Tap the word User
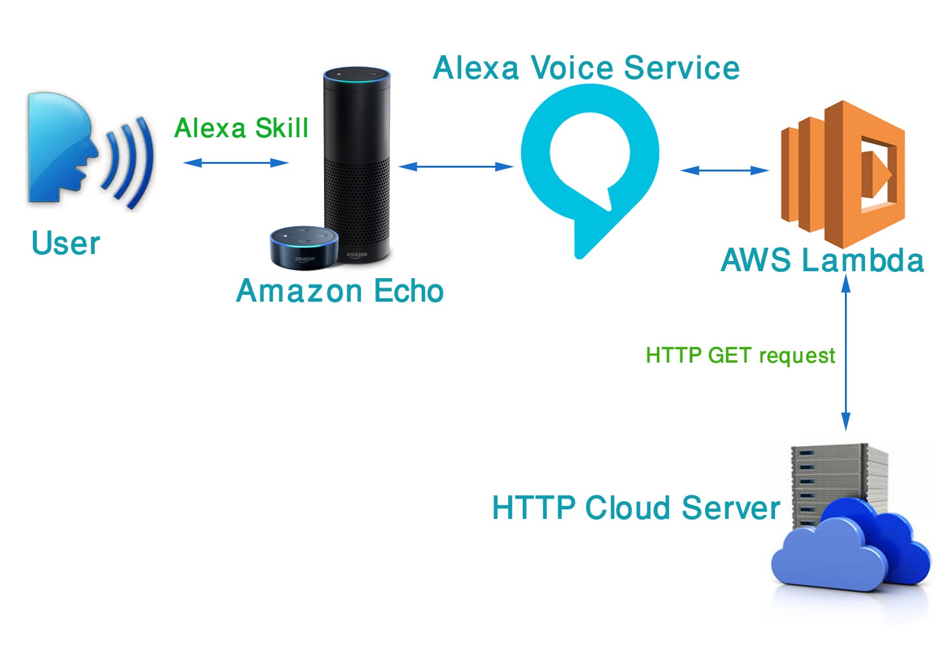(65, 243)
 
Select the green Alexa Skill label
(241, 128)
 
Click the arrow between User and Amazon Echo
(236, 163)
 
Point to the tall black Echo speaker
(357, 159)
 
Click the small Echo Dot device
(304, 246)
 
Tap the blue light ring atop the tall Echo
(356, 76)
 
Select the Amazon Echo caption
(339, 291)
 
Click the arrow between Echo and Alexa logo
(455, 166)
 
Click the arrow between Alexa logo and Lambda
(724, 170)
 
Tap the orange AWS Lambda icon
(842, 173)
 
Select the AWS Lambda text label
(822, 260)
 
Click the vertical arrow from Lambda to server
(846, 356)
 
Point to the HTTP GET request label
(740, 355)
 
